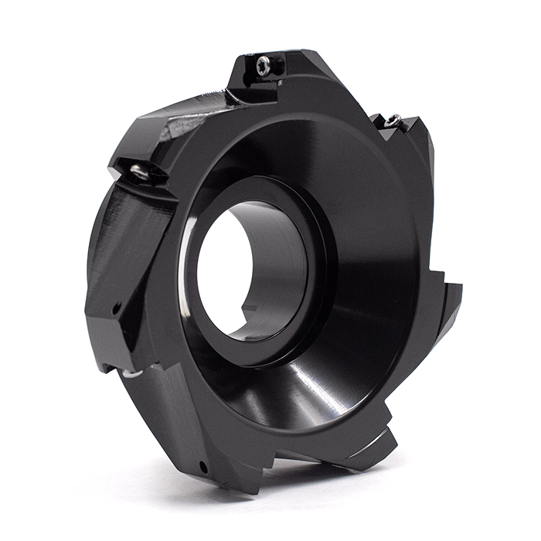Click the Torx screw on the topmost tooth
[264, 66]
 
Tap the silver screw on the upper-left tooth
[140, 172]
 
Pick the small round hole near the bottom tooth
[202, 467]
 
